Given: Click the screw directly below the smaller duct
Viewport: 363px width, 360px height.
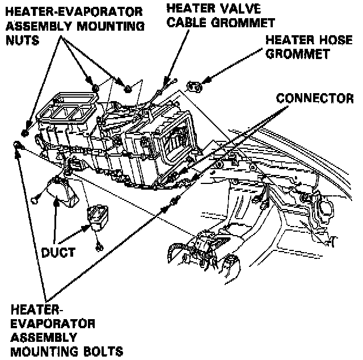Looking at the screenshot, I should coord(99,245).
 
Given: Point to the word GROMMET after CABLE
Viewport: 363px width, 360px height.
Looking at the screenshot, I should coord(247,23).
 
